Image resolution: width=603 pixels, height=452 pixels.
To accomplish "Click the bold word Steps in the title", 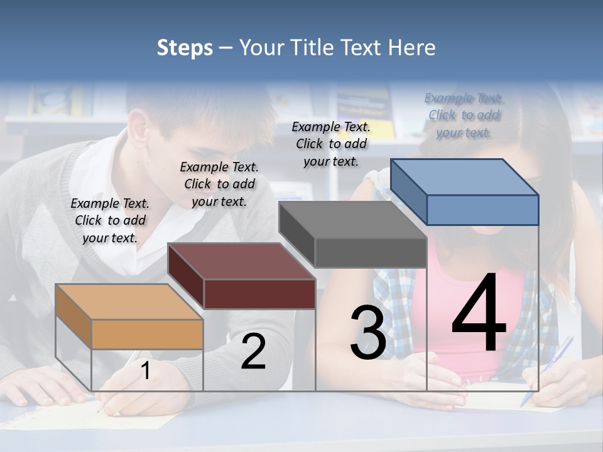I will (x=185, y=48).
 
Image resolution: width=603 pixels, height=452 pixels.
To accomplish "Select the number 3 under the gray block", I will (x=368, y=333).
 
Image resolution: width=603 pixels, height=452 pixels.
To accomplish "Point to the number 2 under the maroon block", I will (x=254, y=352).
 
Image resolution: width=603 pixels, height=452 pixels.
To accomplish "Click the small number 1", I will (x=146, y=371).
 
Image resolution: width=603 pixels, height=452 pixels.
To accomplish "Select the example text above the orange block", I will (x=110, y=220).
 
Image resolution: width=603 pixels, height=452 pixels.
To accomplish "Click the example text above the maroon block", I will (x=219, y=184).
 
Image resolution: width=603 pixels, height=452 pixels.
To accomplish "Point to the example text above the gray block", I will (x=331, y=144).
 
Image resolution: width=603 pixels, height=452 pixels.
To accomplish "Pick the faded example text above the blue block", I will (x=464, y=115).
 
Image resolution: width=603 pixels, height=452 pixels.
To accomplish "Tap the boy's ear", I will (x=139, y=126).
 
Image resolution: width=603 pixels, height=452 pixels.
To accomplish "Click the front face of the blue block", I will (x=482, y=210).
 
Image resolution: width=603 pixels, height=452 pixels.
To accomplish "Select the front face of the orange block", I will (x=147, y=334).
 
